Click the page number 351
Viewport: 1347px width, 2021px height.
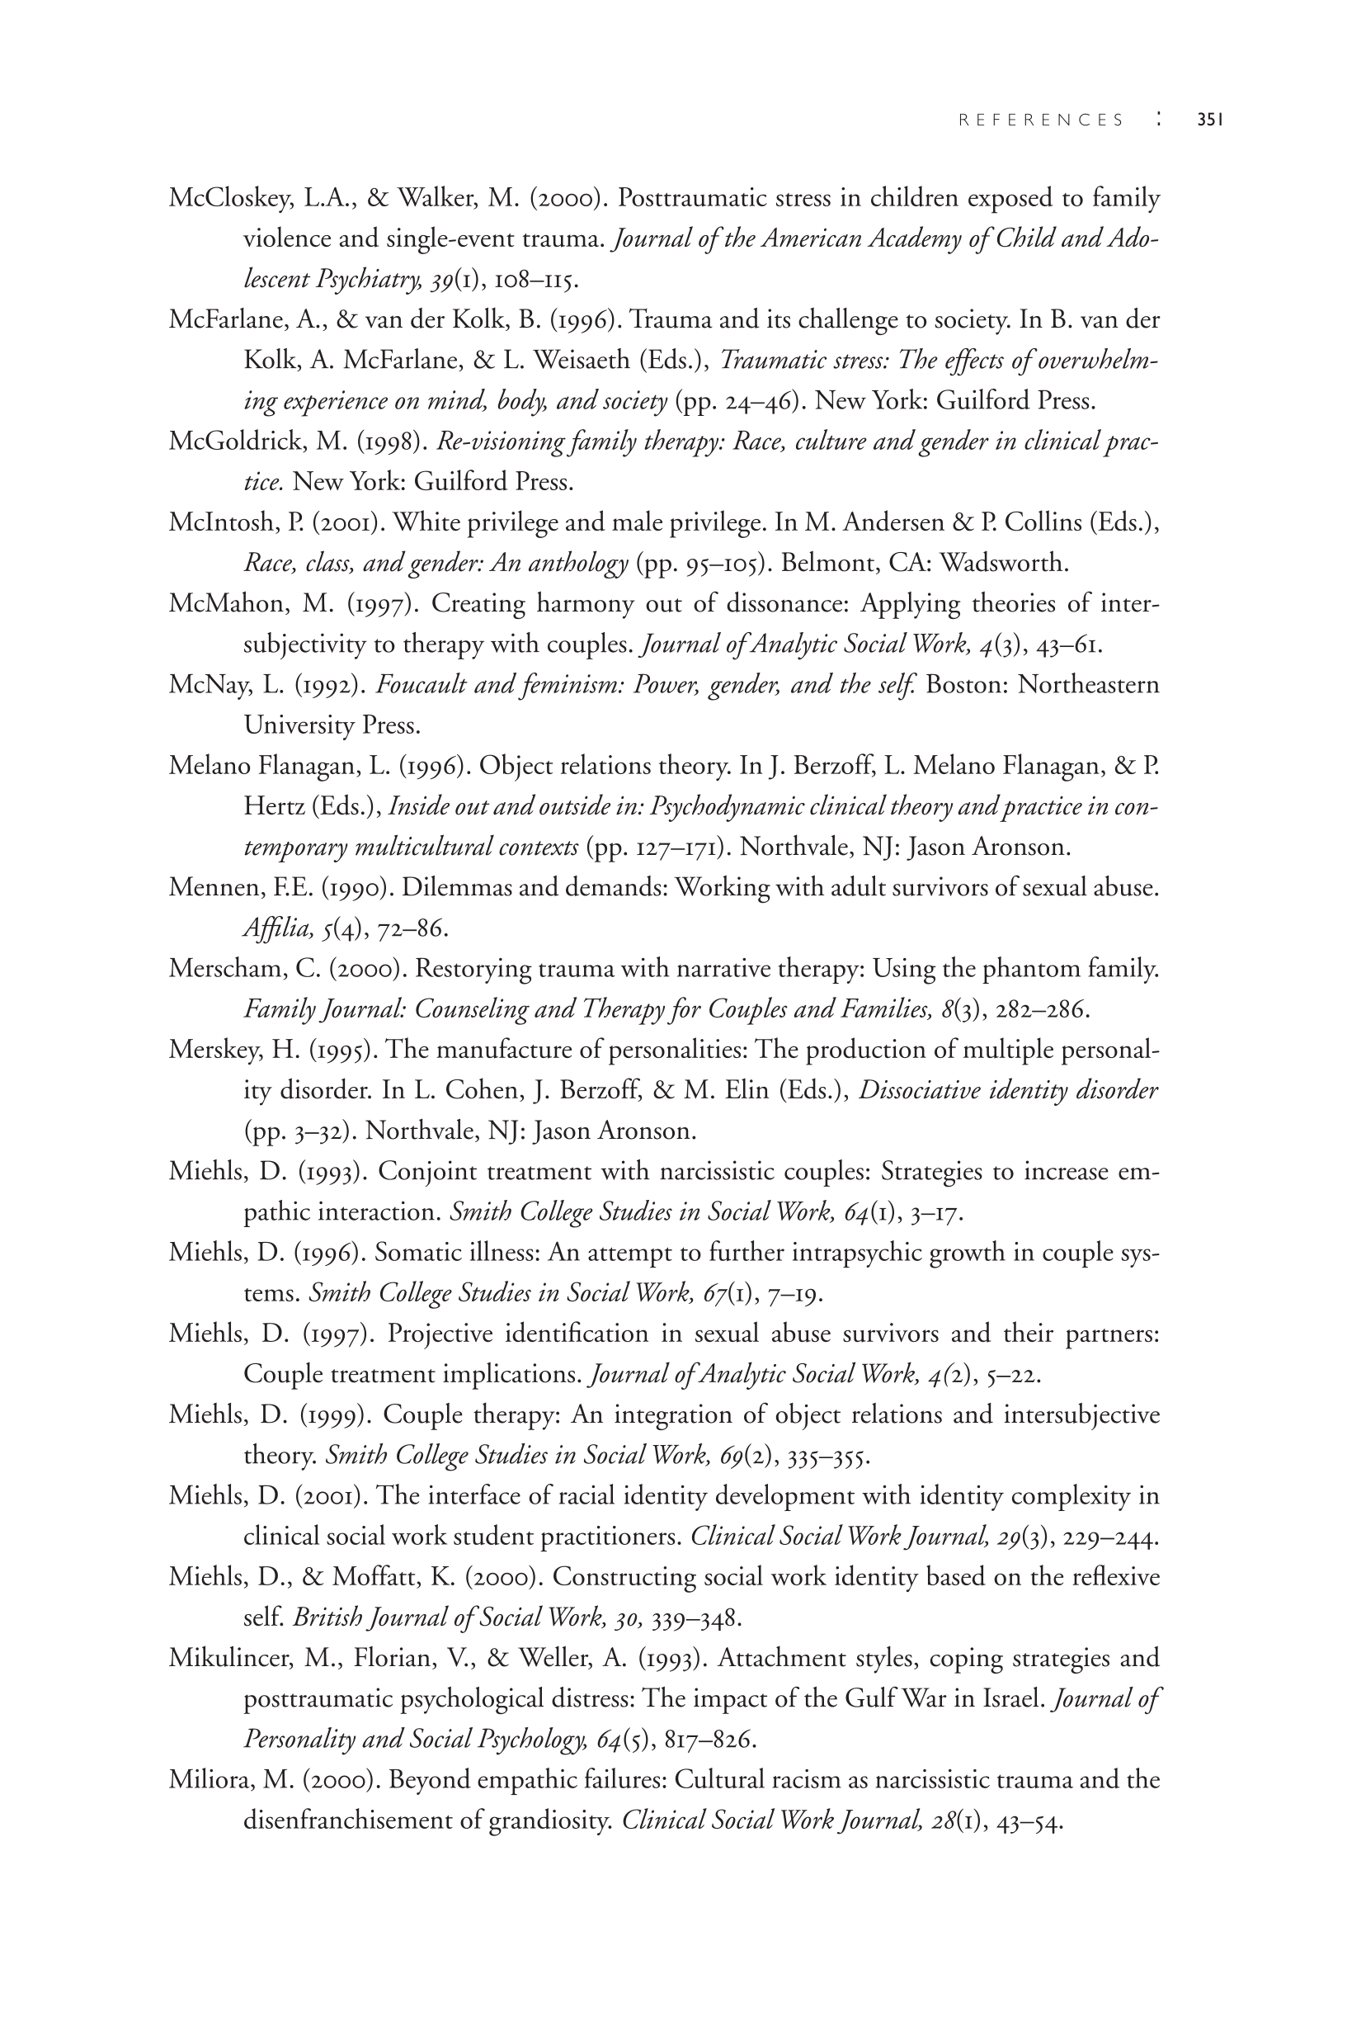[1209, 120]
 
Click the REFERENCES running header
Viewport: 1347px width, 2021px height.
[1040, 120]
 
